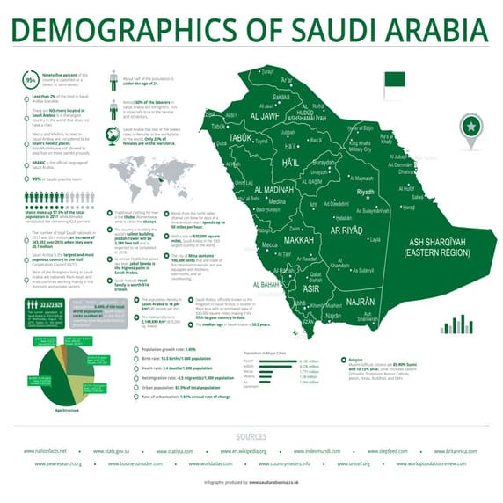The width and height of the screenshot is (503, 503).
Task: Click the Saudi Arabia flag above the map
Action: click(x=393, y=79)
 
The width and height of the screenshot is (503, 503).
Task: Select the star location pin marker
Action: click(x=471, y=128)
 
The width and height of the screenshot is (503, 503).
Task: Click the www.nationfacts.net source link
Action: click(x=46, y=450)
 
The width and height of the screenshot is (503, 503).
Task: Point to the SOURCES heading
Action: click(x=251, y=436)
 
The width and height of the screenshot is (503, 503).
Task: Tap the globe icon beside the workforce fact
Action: click(x=113, y=135)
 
